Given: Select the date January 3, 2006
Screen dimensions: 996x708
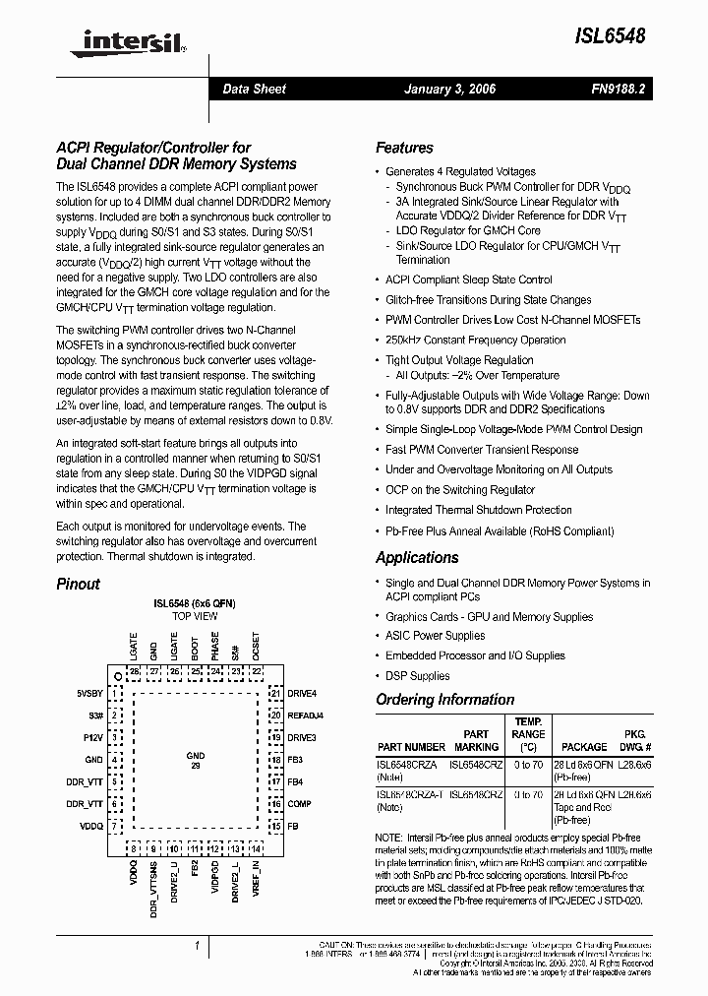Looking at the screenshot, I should (450, 89).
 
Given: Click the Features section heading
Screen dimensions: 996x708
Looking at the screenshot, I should (404, 148).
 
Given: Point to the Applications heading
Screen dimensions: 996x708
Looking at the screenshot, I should (417, 557).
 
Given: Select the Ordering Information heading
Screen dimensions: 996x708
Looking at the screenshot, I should (444, 700).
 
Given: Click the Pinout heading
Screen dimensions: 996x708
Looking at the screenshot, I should (78, 584).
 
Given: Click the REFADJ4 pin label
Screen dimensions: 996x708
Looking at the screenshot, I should (305, 716).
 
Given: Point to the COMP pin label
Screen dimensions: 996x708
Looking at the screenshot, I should (299, 804).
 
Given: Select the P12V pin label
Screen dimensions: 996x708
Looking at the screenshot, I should (93, 737).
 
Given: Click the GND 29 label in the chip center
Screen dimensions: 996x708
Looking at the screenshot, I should (196, 760).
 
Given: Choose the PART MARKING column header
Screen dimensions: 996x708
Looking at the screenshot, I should (476, 740).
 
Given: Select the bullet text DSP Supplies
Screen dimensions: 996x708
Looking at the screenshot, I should (417, 676).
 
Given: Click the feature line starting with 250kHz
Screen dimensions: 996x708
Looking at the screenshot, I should (475, 340).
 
